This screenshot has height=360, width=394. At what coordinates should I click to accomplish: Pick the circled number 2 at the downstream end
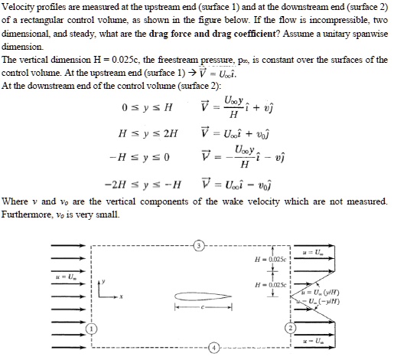(x=290, y=328)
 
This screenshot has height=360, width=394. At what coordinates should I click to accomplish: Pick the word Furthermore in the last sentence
(x=28, y=212)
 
